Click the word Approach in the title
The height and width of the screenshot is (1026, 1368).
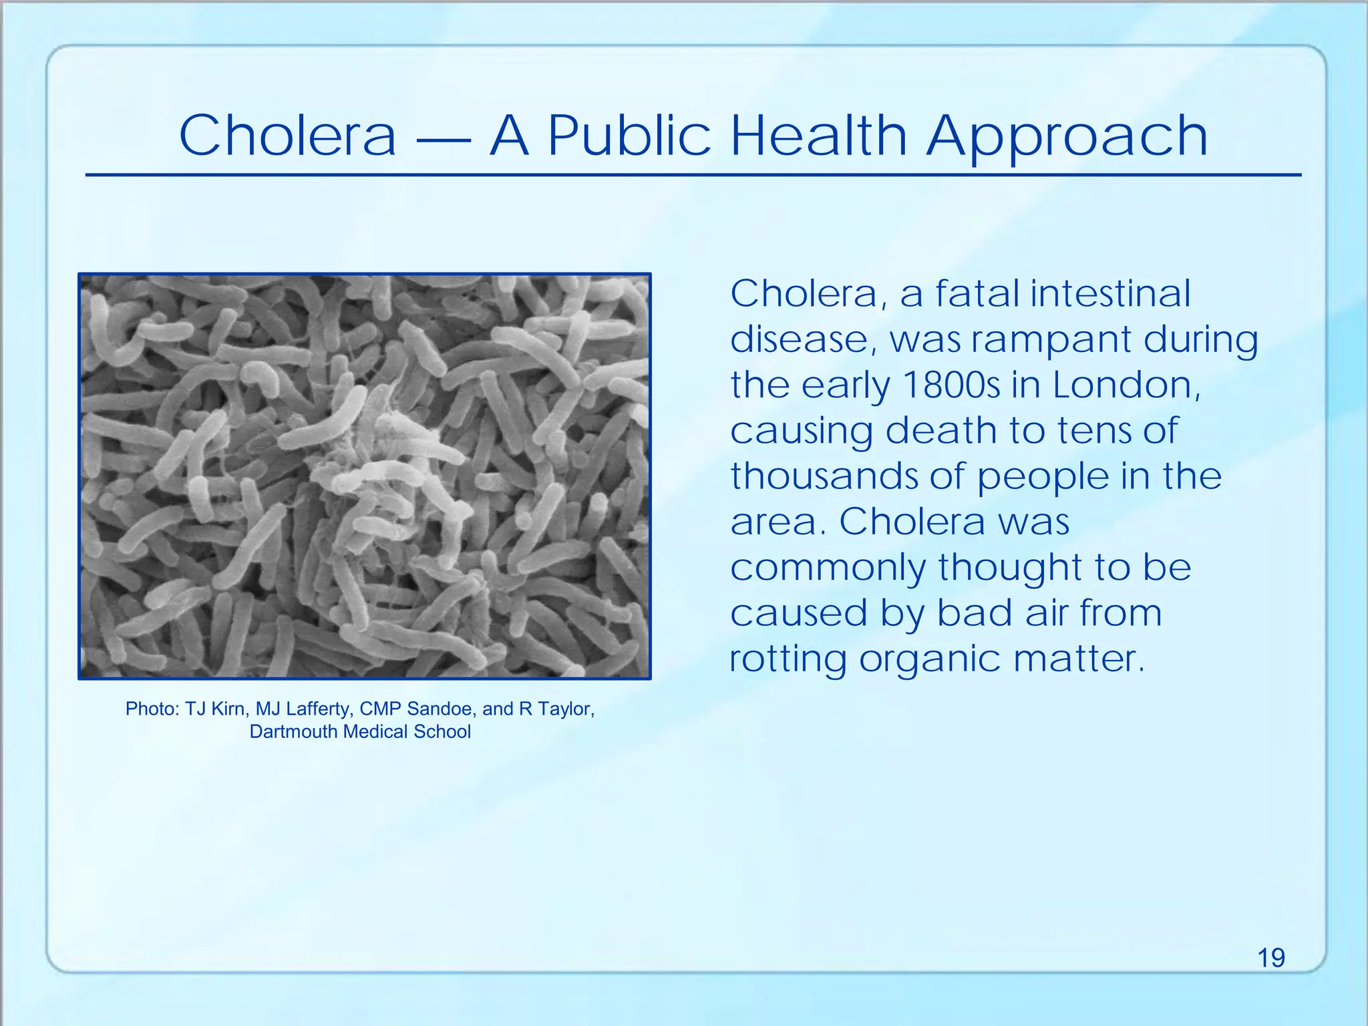click(1067, 137)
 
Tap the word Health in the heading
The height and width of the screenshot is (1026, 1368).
click(818, 136)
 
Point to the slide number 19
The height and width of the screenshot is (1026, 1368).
click(1271, 958)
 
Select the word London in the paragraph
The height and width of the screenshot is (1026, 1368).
click(1126, 385)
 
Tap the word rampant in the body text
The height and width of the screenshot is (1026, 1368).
click(1051, 341)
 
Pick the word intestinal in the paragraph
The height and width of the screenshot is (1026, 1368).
click(1110, 294)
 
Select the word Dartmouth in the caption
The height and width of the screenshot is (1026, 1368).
click(293, 731)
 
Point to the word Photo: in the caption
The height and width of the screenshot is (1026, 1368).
click(152, 709)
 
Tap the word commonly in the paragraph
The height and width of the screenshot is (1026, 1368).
click(828, 568)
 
